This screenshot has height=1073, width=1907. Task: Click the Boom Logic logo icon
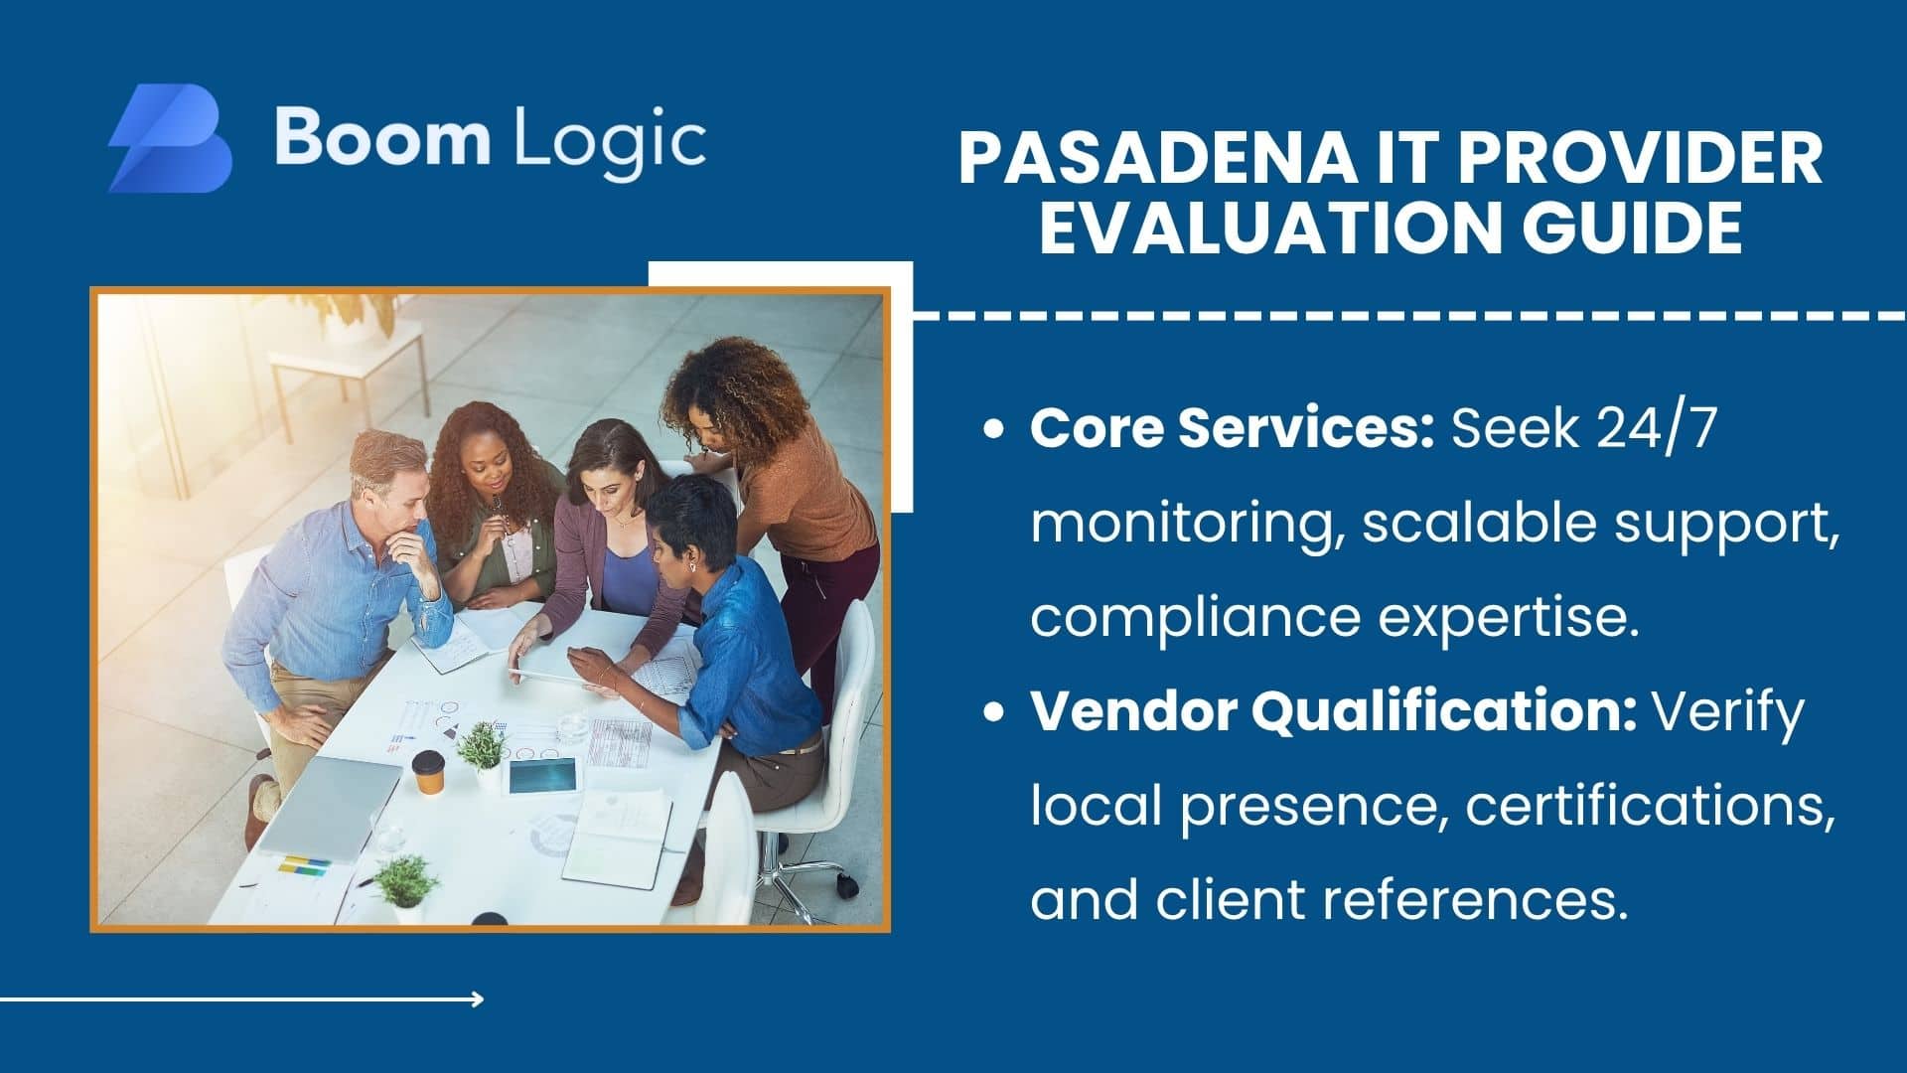coord(170,138)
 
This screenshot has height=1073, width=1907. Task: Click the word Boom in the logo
coord(382,137)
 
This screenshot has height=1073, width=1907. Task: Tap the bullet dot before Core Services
coord(992,430)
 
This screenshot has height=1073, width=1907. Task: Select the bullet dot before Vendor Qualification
coord(992,712)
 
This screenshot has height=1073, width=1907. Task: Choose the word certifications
coord(1650,806)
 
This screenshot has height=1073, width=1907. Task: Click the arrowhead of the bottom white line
coord(479,999)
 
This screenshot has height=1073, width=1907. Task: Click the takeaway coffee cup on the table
coord(429,772)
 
